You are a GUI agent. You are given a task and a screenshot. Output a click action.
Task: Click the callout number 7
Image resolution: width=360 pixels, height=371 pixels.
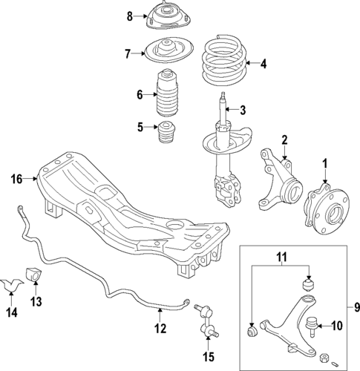tap(127, 53)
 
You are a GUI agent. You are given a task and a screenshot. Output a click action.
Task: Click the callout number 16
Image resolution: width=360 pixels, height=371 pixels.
tap(17, 178)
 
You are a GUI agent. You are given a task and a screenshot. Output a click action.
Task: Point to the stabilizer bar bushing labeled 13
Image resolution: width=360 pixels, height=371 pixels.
tap(33, 272)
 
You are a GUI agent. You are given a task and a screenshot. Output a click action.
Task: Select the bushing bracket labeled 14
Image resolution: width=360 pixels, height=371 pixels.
tap(11, 283)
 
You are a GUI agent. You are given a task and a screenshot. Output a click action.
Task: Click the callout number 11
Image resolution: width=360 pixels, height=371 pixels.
tap(283, 257)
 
